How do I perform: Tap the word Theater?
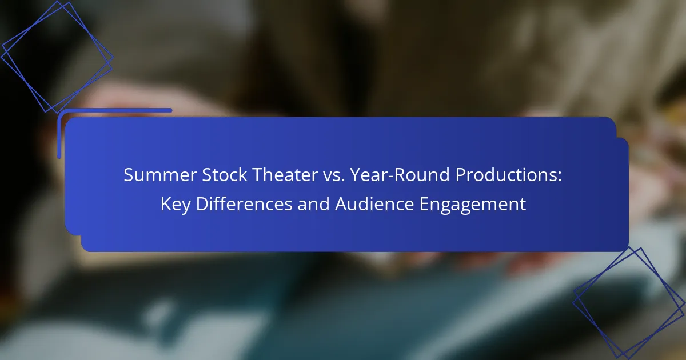coord(285,175)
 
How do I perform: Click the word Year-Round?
coord(400,175)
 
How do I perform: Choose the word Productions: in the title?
coord(509,175)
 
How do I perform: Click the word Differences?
coord(244,204)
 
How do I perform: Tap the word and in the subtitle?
coord(313,204)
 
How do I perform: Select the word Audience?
coord(374,204)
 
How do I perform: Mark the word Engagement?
coord(473,205)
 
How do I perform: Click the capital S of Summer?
coord(129,175)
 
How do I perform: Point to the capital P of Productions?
coord(461,175)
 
